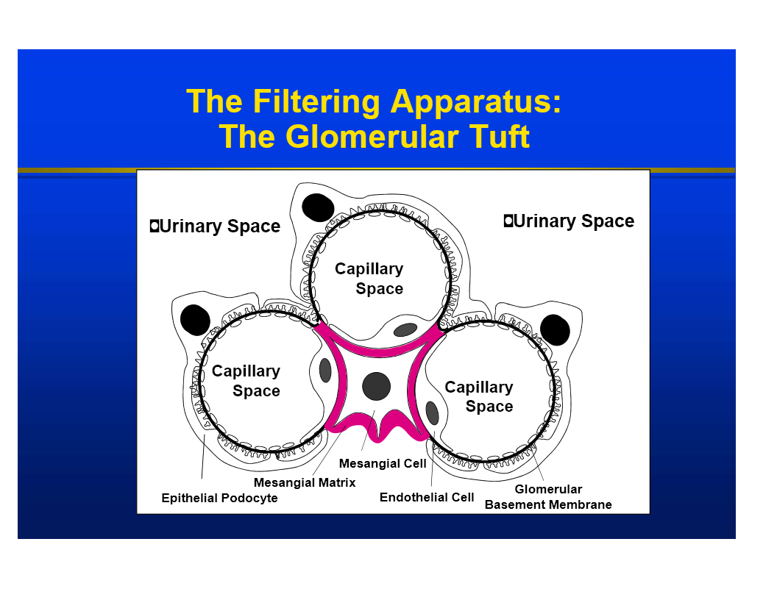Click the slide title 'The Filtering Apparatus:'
(x=374, y=101)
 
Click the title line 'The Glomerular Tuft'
(x=374, y=137)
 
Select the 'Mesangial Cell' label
(x=383, y=464)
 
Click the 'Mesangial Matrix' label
(x=305, y=483)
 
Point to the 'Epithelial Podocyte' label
(x=219, y=499)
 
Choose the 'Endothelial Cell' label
(x=427, y=498)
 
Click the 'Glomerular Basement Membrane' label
(x=548, y=497)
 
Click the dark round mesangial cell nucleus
(x=376, y=386)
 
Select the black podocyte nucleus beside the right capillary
(x=554, y=329)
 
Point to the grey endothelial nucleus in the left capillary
(x=325, y=371)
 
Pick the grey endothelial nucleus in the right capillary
(x=432, y=413)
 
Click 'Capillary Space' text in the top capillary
(x=369, y=279)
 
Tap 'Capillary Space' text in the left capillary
(x=246, y=381)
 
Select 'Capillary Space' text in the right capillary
(x=479, y=397)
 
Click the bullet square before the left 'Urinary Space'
(x=154, y=226)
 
